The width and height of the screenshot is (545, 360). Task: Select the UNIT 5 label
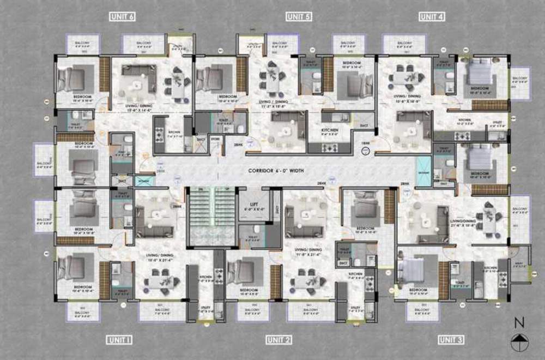(x=298, y=17)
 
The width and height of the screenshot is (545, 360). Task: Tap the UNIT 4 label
(x=432, y=17)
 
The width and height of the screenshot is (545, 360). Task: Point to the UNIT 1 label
(x=118, y=340)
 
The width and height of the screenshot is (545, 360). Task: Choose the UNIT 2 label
(x=279, y=340)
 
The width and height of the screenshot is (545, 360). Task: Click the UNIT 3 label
(x=451, y=340)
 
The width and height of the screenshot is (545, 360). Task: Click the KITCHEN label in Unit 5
(x=330, y=130)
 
